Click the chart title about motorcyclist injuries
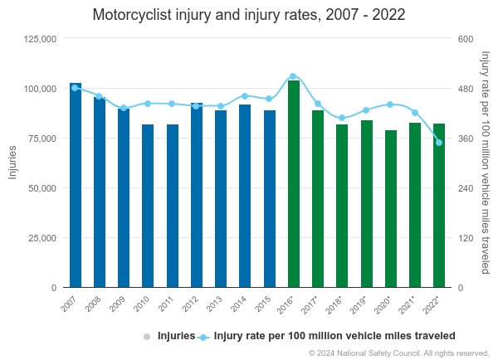249,15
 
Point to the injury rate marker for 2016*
293,76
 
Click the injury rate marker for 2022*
439,143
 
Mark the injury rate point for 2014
245,96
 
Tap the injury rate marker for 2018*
342,119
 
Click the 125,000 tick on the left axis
39,39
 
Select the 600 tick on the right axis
465,39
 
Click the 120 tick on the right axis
465,238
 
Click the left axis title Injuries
12,163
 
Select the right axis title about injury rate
486,163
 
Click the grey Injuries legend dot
147,337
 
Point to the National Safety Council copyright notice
398,353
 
